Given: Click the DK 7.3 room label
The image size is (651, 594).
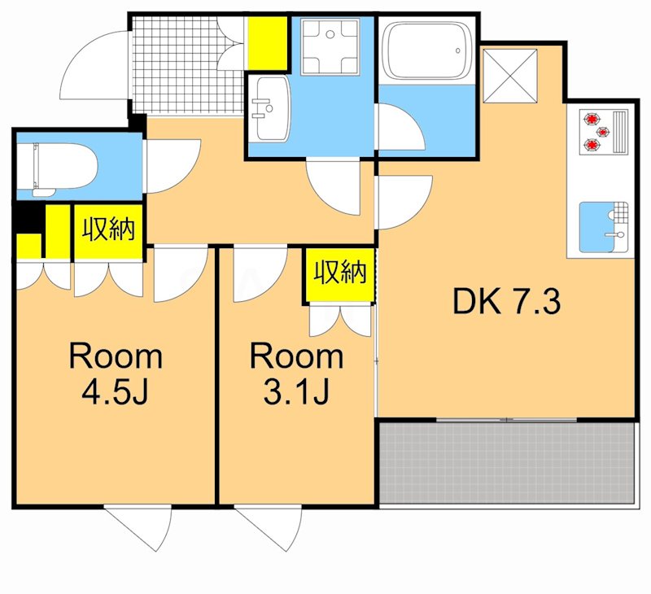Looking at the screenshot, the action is tap(506, 302).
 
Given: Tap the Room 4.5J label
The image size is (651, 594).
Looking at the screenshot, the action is tap(116, 373).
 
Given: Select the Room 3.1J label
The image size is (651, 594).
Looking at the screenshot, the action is tap(296, 373).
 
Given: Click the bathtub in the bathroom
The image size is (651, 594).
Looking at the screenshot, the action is tap(426, 50).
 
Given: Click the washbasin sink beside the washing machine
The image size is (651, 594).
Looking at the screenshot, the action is tap(270, 109).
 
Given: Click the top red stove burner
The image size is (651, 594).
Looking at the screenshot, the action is tap(592, 119).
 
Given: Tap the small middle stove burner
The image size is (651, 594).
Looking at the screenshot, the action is tap(603, 132).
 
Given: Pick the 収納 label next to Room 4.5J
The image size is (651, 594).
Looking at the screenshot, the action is tap(109, 229).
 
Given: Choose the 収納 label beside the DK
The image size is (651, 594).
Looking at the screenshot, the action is tap(340, 273).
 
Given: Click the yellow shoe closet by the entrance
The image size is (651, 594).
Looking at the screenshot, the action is tap(268, 43).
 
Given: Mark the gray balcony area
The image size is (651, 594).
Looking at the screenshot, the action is tap(507, 463).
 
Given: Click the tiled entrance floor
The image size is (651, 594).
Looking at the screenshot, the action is tap(188, 65).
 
